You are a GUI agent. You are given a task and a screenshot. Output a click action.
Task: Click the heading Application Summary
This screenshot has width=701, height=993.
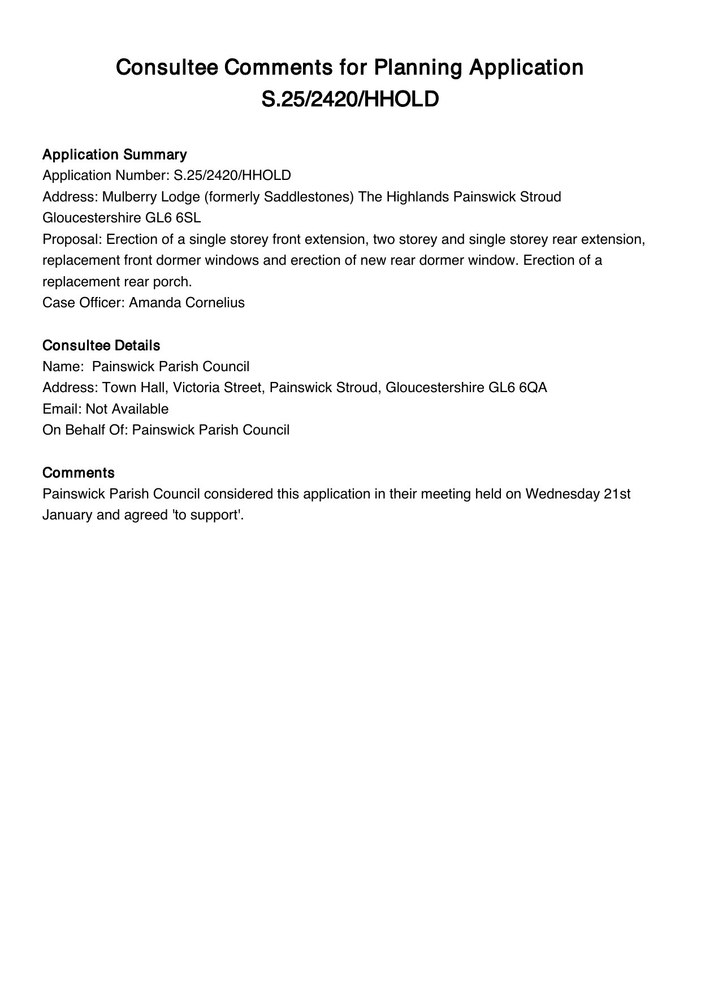click(115, 154)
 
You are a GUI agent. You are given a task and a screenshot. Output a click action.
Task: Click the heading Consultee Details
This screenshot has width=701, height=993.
click(101, 345)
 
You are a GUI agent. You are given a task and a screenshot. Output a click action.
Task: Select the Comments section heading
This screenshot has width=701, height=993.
click(79, 472)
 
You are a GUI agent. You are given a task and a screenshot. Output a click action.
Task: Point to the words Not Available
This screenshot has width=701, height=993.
click(127, 409)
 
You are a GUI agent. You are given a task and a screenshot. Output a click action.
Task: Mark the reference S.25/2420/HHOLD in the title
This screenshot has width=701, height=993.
click(350, 99)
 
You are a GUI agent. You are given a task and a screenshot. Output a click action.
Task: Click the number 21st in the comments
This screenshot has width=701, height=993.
click(617, 494)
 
